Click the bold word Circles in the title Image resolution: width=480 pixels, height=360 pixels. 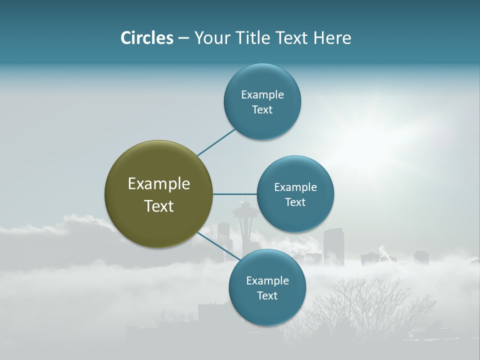click(146, 38)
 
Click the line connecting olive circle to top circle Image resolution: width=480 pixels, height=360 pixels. click(216, 142)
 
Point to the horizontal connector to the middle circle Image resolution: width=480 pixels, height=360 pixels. click(234, 194)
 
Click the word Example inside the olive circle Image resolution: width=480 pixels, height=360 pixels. click(159, 184)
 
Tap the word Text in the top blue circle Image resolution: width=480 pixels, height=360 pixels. click(262, 110)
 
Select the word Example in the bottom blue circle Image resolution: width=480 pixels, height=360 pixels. click(267, 281)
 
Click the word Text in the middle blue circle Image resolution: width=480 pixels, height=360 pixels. click(295, 202)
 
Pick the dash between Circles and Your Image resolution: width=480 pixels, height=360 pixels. click(183, 38)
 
